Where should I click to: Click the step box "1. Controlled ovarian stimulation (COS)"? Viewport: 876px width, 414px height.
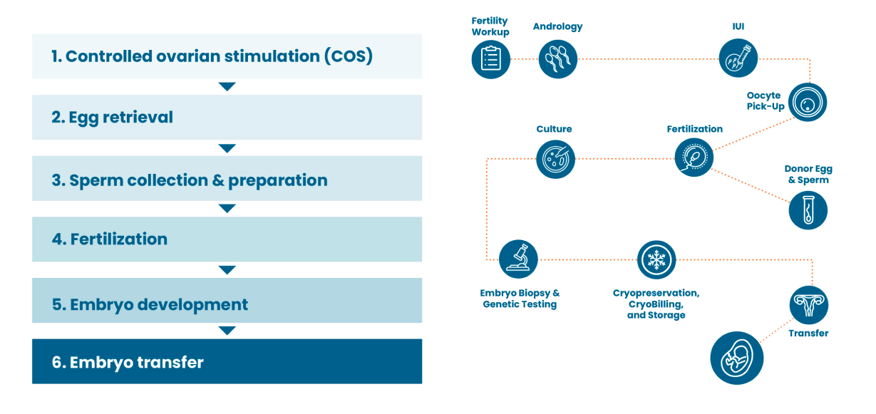click(x=227, y=56)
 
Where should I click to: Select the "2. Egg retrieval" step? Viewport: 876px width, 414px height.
click(x=227, y=118)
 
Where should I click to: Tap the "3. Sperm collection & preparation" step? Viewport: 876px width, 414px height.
click(x=227, y=179)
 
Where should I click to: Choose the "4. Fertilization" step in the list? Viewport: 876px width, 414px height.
click(x=227, y=239)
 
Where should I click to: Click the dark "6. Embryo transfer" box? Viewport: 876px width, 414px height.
click(x=227, y=361)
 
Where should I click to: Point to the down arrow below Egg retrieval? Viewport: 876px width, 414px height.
click(x=227, y=148)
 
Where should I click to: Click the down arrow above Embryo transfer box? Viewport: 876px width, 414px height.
click(x=227, y=331)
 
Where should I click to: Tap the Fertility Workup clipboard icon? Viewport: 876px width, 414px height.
click(x=491, y=58)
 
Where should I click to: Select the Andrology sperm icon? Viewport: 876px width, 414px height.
click(x=557, y=58)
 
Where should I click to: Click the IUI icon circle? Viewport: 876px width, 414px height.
click(x=738, y=58)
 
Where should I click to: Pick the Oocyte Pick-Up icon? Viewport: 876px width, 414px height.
click(x=808, y=103)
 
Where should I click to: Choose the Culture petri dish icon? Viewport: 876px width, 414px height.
click(x=555, y=158)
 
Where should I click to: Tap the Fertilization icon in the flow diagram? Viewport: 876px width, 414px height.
click(x=694, y=157)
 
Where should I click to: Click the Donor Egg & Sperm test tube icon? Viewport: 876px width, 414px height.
click(x=808, y=210)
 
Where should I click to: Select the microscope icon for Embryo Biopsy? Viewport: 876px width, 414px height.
click(x=518, y=259)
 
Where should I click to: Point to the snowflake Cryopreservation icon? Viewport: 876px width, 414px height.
click(x=656, y=259)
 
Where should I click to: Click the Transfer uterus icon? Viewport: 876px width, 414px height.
click(x=808, y=306)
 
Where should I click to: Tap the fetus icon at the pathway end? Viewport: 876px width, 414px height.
click(x=737, y=358)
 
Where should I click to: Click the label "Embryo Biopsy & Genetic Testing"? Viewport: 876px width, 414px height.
click(x=520, y=299)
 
